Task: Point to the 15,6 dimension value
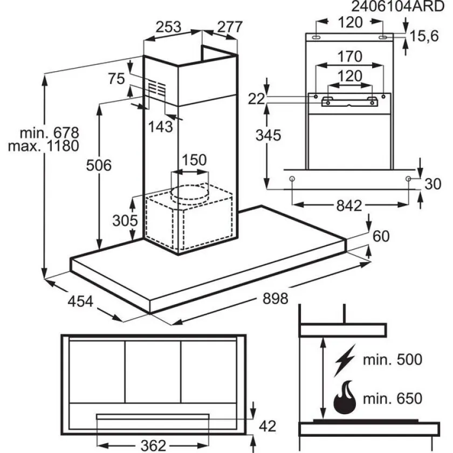(424, 36)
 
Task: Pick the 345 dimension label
(268, 135)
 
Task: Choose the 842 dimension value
(349, 205)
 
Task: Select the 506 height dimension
(99, 166)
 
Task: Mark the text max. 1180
(44, 146)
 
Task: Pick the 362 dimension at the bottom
(153, 445)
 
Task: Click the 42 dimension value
(271, 426)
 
